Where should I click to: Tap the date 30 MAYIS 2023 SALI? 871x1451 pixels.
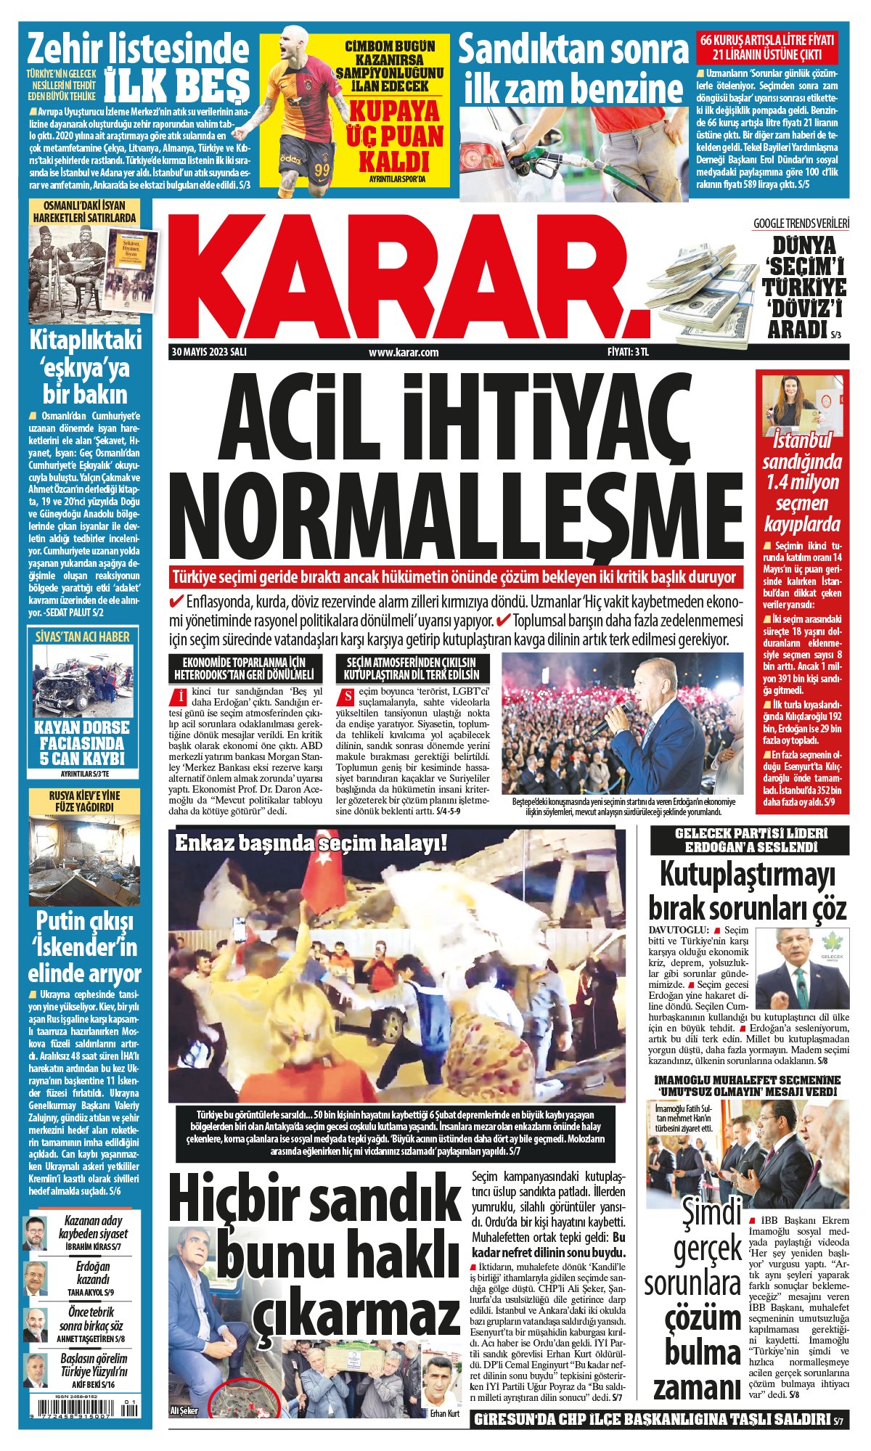tap(209, 352)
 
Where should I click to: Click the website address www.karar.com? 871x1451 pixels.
tap(404, 353)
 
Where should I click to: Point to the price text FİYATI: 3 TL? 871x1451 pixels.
tap(628, 352)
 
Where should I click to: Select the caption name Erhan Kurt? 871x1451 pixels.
tap(444, 1413)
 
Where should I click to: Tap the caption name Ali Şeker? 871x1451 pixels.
tap(184, 1410)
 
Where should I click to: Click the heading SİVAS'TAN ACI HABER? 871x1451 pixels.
tap(83, 637)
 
